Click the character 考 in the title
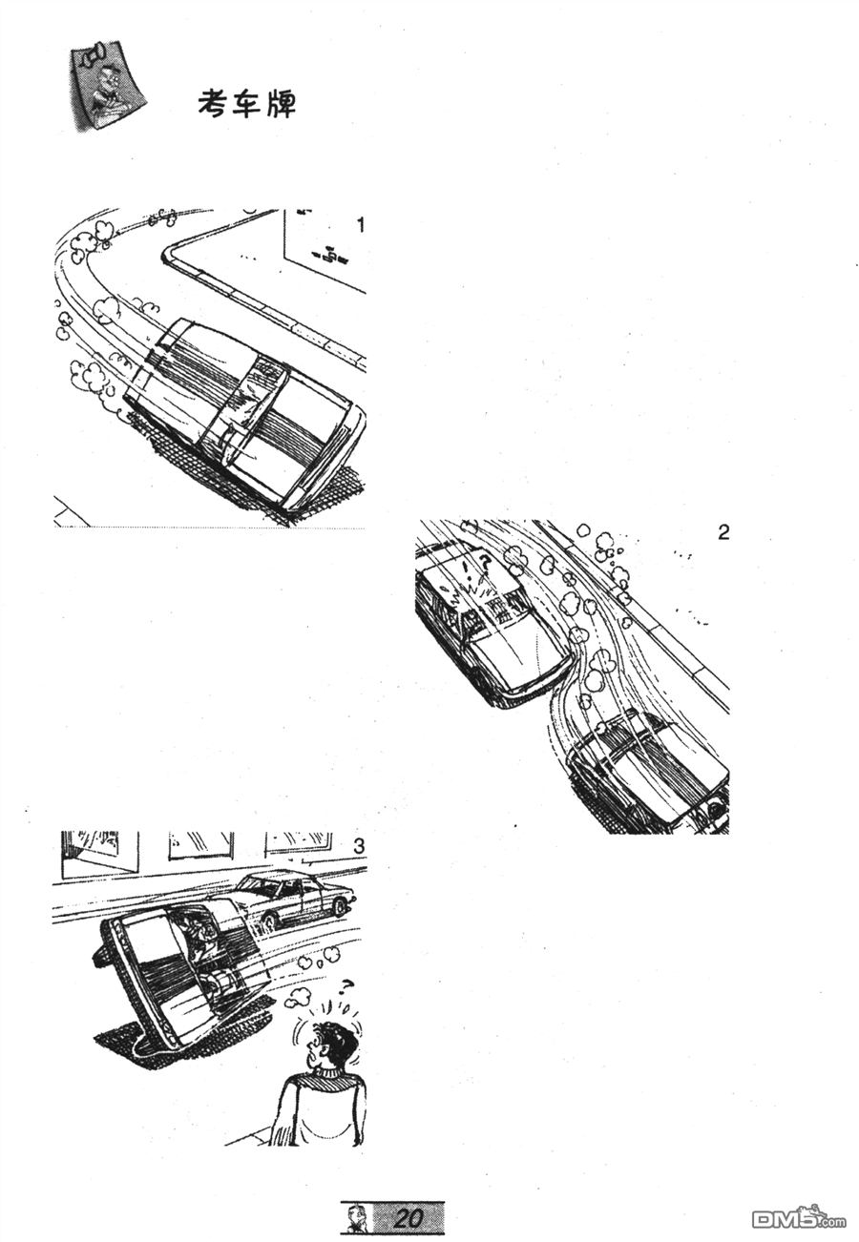pos(214,104)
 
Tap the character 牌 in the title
pos(281,104)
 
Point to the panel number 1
pos(361,225)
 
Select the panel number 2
pos(723,533)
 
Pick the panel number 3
pos(359,846)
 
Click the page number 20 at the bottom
pos(408,1217)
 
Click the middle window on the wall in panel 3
pos(200,844)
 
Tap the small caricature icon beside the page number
pos(352,1217)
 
